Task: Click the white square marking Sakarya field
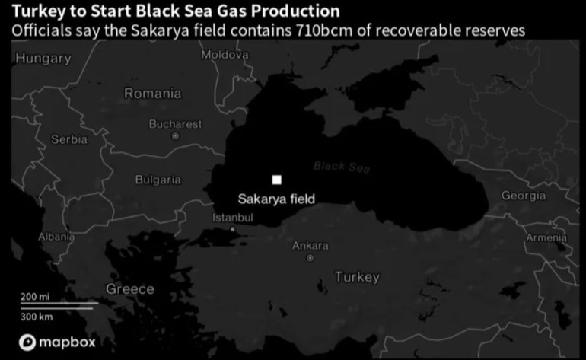[x=277, y=180]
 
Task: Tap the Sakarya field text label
[x=276, y=199]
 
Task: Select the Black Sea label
[x=341, y=167]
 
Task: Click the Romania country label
[x=153, y=94]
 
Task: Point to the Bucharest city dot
[x=175, y=136]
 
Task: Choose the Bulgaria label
[x=158, y=180]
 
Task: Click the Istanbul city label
[x=232, y=218]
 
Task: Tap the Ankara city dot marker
[x=310, y=259]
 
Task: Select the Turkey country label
[x=357, y=277]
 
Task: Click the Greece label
[x=129, y=289]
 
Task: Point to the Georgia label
[x=523, y=196]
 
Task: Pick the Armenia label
[x=546, y=237]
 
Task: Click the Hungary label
[x=43, y=58]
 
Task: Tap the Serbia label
[x=69, y=139]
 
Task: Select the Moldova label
[x=225, y=55]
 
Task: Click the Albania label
[x=57, y=237]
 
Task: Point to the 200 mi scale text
[x=34, y=296]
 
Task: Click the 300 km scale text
[x=36, y=315]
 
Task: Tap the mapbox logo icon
[x=28, y=342]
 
